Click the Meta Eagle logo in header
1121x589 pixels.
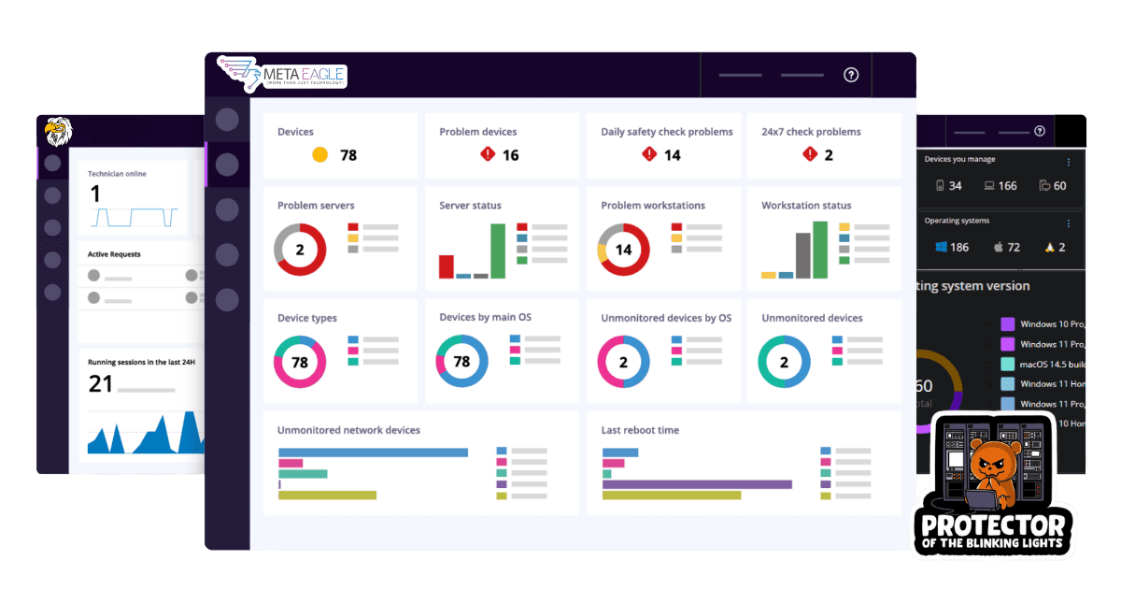pyautogui.click(x=281, y=75)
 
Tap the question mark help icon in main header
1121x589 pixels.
pyautogui.click(x=850, y=76)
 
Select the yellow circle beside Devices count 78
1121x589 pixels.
pyautogui.click(x=319, y=155)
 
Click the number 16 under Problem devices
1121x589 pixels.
pyautogui.click(x=510, y=155)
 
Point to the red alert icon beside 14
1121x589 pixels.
pyautogui.click(x=649, y=155)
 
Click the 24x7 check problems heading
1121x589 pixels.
pyautogui.click(x=811, y=132)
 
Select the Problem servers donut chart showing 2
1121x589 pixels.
pyautogui.click(x=300, y=250)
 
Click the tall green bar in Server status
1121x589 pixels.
pyautogui.click(x=497, y=251)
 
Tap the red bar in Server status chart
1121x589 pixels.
pyautogui.click(x=447, y=266)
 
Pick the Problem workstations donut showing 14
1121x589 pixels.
pyautogui.click(x=623, y=250)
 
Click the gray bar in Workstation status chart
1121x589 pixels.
pyautogui.click(x=803, y=255)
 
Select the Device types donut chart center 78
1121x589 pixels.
pyautogui.click(x=300, y=362)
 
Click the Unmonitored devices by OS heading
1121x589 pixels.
pyautogui.click(x=666, y=318)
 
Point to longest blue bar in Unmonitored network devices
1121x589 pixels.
pyautogui.click(x=373, y=453)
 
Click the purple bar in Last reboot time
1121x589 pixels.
pyautogui.click(x=697, y=484)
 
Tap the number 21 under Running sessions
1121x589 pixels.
pyautogui.click(x=100, y=383)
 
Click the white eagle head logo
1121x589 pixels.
pyautogui.click(x=58, y=132)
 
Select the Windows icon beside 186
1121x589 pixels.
pyautogui.click(x=942, y=248)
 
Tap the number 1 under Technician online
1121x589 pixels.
pyautogui.click(x=94, y=194)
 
